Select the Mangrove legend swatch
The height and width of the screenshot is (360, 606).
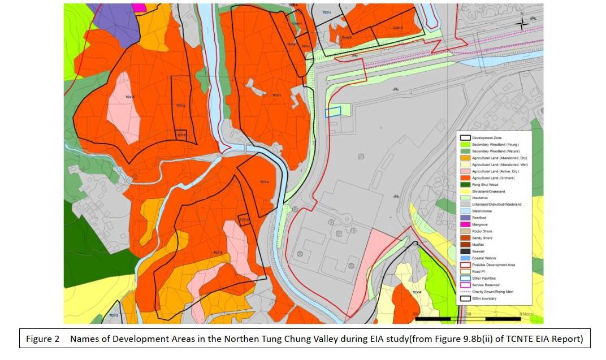tap(465, 224)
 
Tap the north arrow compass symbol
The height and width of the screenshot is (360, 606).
tap(523, 20)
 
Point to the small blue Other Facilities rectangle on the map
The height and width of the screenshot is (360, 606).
tap(333, 112)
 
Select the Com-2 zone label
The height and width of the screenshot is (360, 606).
tap(347, 38)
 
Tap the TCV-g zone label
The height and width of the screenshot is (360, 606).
tap(180, 106)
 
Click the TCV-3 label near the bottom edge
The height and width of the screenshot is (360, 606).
tap(113, 315)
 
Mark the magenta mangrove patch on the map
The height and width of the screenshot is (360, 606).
tap(138, 7)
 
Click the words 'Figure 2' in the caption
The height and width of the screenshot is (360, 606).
tap(43, 339)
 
